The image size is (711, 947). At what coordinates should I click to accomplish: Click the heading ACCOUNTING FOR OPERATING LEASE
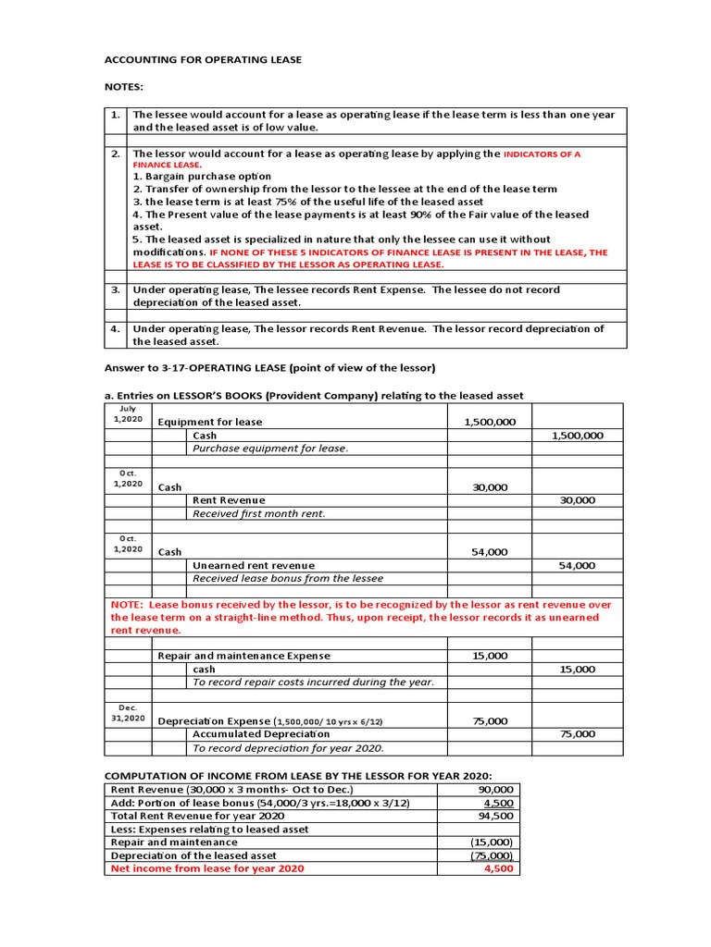click(x=203, y=60)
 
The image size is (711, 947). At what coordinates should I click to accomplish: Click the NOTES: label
click(x=124, y=86)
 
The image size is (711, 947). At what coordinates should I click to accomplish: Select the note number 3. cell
click(x=116, y=289)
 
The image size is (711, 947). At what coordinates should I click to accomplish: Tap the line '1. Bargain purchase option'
click(x=202, y=176)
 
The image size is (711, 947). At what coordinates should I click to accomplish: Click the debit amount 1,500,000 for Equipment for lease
click(x=490, y=422)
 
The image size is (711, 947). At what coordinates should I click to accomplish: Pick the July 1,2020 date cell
click(x=128, y=413)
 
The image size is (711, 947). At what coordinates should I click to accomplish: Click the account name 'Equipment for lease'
click(x=210, y=422)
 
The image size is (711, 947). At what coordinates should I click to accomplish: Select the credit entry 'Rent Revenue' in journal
click(x=229, y=500)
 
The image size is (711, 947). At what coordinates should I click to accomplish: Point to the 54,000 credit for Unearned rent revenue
click(x=578, y=565)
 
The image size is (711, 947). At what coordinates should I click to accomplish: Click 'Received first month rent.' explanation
click(x=258, y=513)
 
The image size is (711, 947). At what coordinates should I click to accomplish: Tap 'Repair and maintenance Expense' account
click(x=243, y=656)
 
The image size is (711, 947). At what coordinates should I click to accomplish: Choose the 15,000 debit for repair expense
click(x=490, y=656)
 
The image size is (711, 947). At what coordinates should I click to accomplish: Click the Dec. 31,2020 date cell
click(x=128, y=712)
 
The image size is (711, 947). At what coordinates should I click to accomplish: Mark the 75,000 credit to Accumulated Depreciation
click(x=578, y=734)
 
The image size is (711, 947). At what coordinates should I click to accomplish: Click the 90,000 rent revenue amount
click(x=495, y=790)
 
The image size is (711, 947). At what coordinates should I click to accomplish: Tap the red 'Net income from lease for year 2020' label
click(x=207, y=868)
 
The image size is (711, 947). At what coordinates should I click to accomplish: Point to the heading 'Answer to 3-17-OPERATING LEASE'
click(x=269, y=367)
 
